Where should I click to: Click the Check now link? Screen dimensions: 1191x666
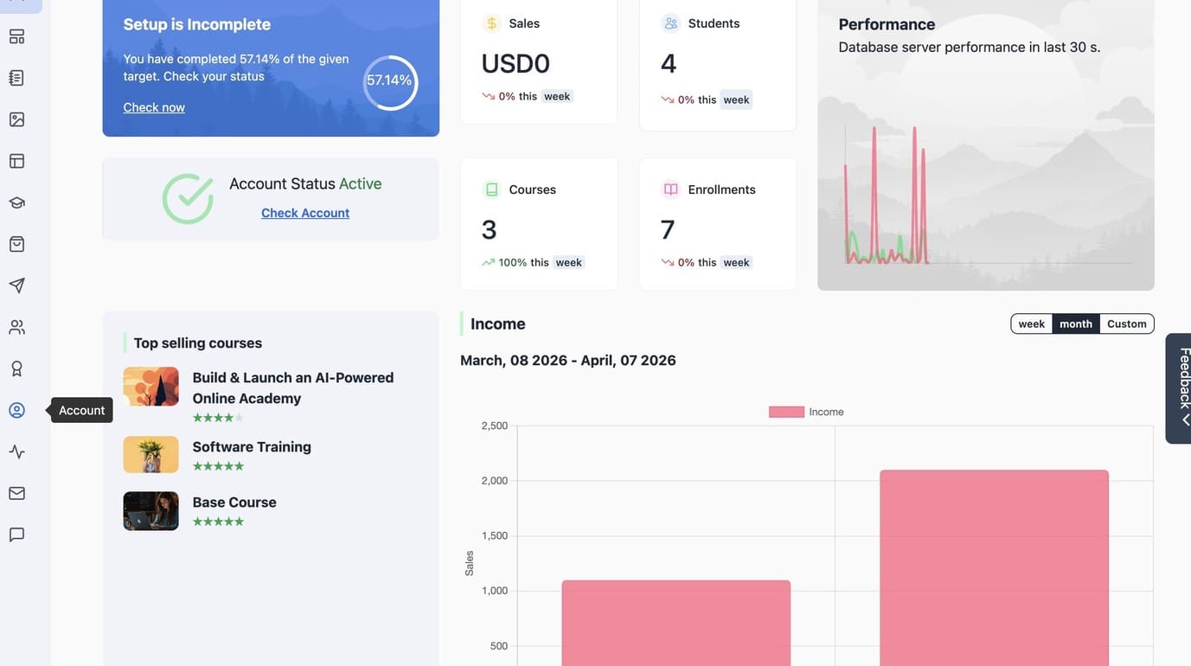click(x=154, y=107)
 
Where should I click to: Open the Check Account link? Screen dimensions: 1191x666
click(x=305, y=213)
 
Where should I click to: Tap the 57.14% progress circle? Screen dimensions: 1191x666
click(x=390, y=57)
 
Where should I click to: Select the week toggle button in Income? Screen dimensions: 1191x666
click(x=1032, y=323)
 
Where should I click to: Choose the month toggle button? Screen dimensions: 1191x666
click(x=1076, y=323)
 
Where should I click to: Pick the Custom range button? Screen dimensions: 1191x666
click(x=1127, y=323)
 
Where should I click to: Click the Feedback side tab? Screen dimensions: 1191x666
click(x=1179, y=388)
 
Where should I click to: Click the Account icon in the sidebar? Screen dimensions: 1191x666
click(x=17, y=410)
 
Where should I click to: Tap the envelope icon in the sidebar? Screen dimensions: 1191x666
click(x=17, y=493)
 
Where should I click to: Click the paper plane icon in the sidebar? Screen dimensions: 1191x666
click(x=17, y=285)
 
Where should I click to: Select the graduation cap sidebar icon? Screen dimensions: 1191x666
click(x=17, y=202)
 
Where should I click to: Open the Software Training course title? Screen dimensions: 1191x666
click(x=252, y=447)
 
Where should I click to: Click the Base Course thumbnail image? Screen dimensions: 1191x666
click(x=151, y=511)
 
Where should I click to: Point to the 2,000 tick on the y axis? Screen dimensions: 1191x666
click(x=495, y=481)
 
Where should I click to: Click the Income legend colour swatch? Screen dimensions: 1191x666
click(x=786, y=412)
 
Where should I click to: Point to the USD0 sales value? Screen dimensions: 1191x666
click(x=515, y=64)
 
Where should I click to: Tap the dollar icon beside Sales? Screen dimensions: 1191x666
click(x=492, y=23)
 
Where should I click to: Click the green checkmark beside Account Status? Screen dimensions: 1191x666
click(x=189, y=199)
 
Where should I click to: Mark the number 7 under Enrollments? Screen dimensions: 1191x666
click(x=667, y=229)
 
